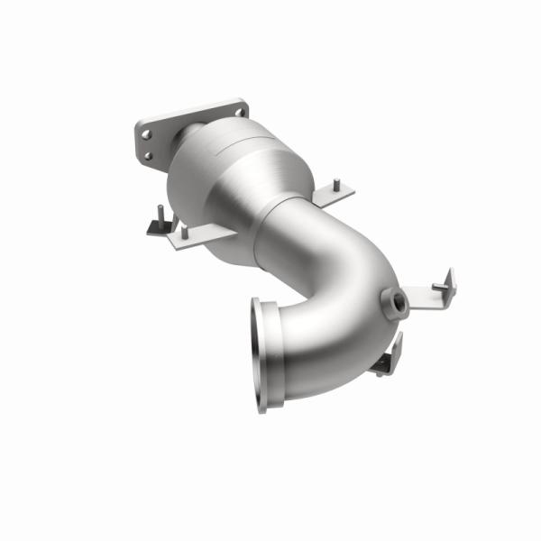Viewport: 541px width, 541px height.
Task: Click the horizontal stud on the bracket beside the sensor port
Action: (x=439, y=287)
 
